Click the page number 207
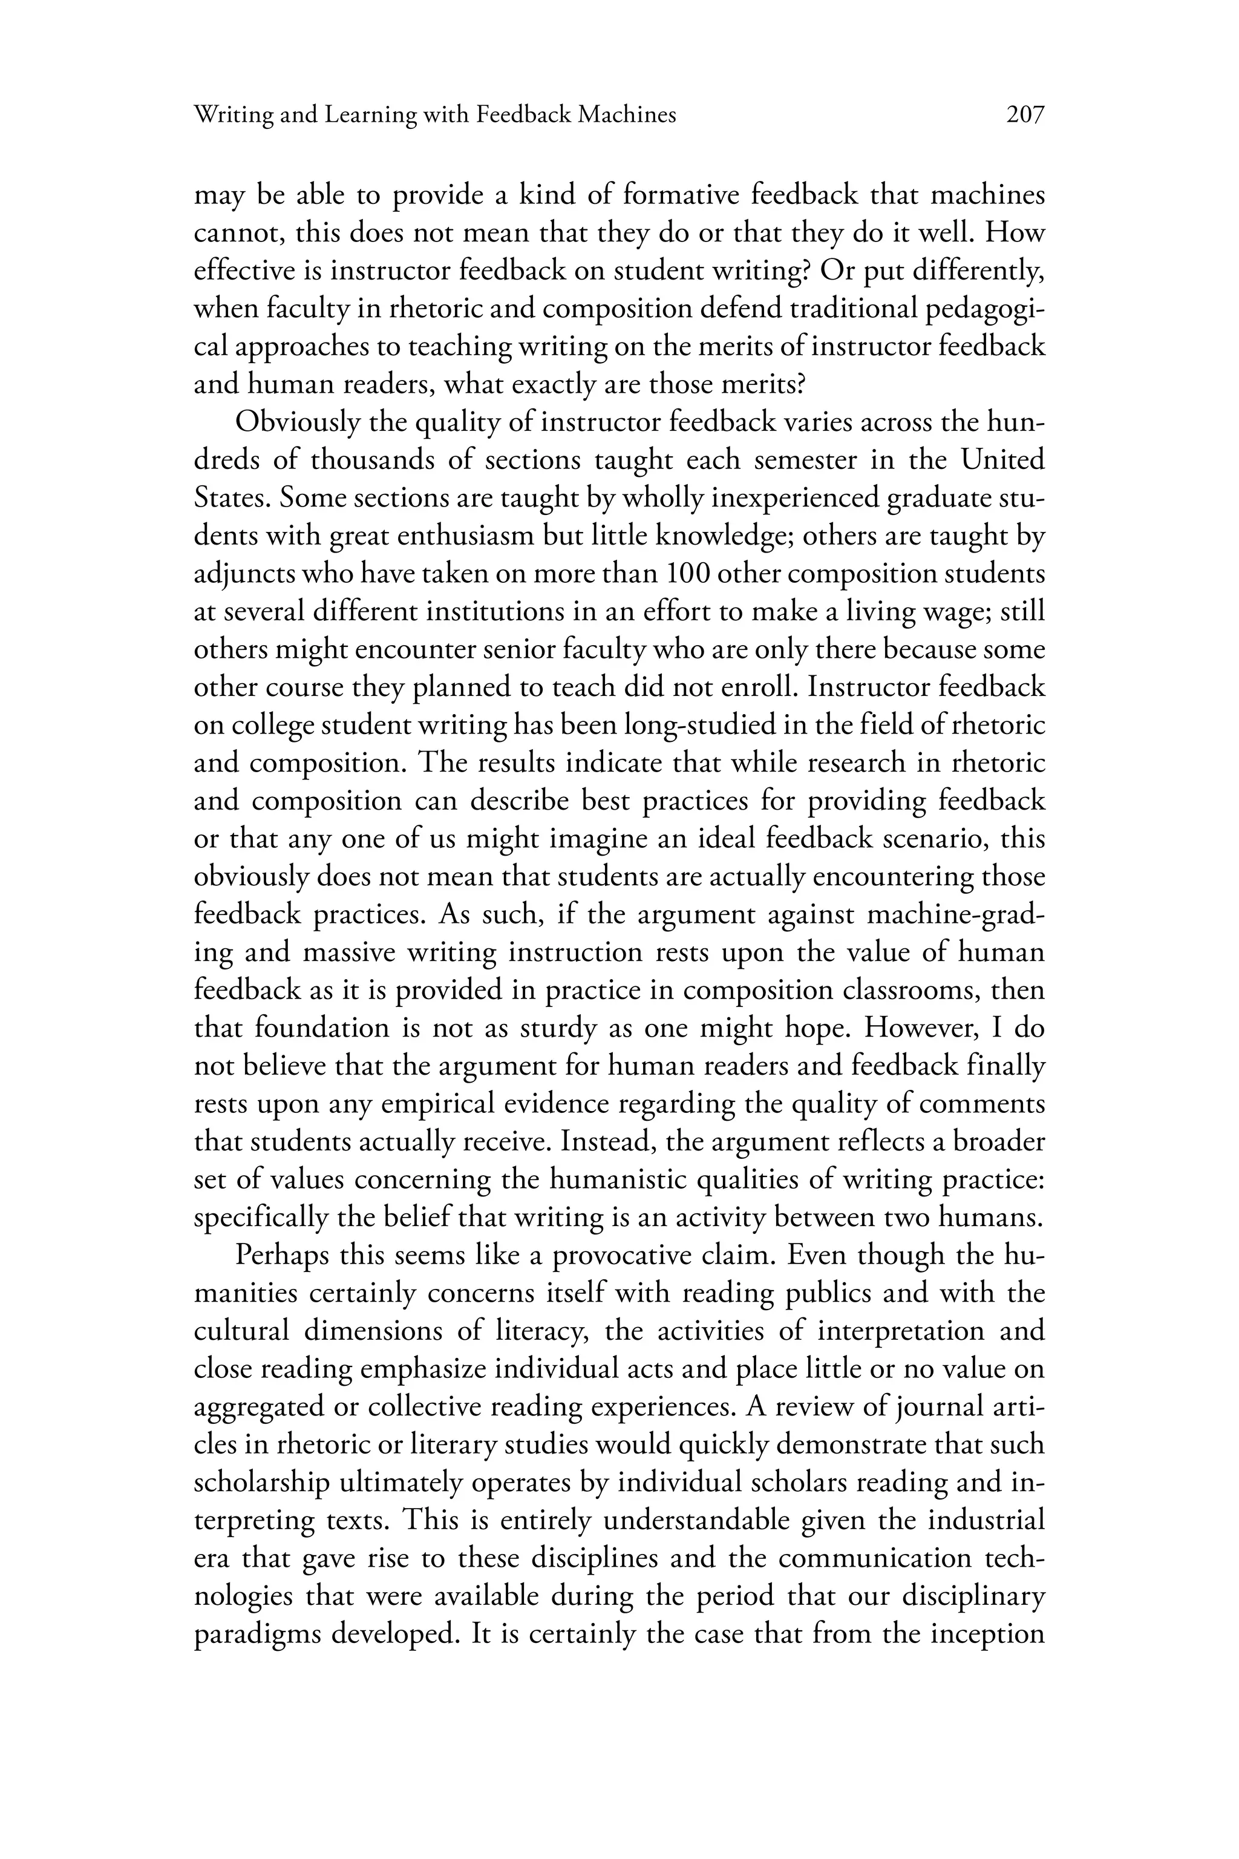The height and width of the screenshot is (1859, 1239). point(1025,116)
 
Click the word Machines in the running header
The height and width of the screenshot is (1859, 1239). point(627,116)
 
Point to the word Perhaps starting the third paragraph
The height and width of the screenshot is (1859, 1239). point(281,1255)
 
